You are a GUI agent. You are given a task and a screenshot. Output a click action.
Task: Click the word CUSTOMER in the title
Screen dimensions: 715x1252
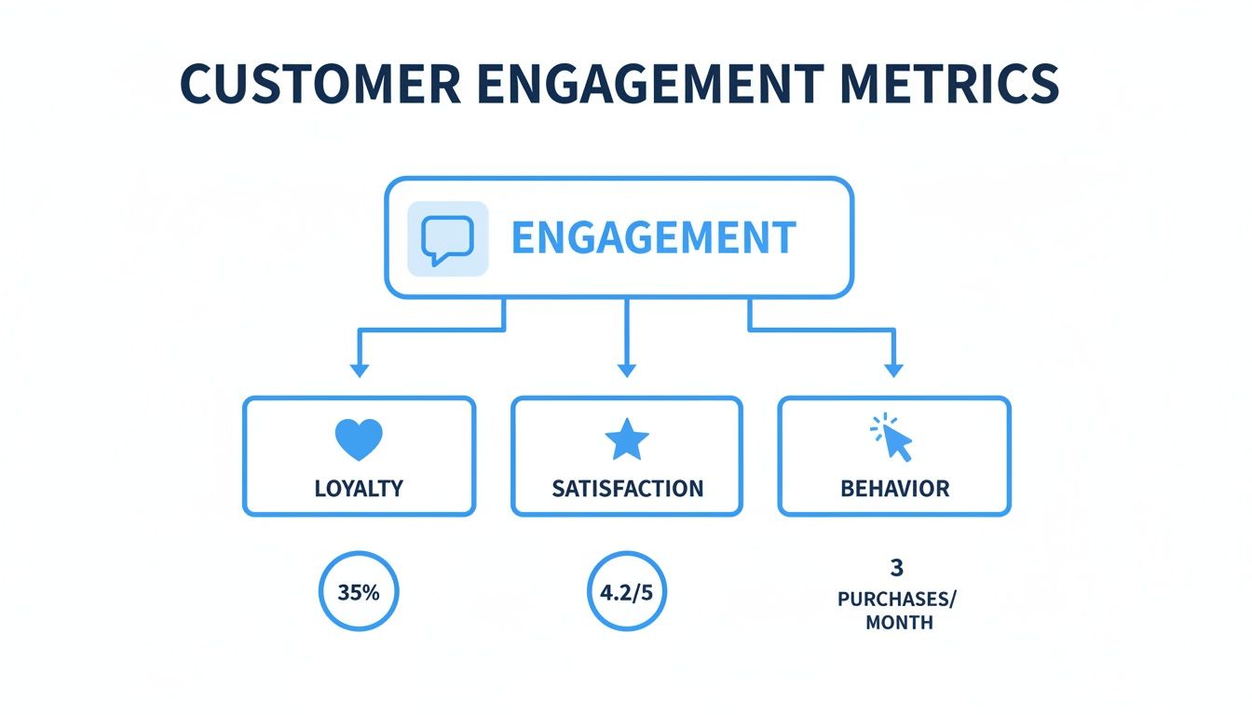click(319, 85)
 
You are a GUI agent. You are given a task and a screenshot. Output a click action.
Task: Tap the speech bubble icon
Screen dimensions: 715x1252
click(447, 238)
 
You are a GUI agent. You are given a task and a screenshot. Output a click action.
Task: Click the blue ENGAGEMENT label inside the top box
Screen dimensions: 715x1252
click(653, 238)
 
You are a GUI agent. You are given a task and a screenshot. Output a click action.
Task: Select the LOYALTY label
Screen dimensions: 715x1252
click(359, 489)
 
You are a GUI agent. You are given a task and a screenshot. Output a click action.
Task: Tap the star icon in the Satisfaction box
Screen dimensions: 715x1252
click(626, 439)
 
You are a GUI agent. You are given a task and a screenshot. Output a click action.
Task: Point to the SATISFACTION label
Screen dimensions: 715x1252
click(627, 489)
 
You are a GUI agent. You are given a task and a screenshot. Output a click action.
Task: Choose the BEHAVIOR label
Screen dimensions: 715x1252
click(894, 489)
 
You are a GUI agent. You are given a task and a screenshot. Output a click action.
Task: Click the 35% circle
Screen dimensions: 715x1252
click(359, 592)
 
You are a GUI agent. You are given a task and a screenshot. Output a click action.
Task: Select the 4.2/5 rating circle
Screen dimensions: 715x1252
click(627, 592)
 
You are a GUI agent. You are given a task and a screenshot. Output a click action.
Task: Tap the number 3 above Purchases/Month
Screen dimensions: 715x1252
click(897, 568)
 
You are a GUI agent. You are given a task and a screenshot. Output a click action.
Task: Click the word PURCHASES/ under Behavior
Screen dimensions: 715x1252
click(897, 600)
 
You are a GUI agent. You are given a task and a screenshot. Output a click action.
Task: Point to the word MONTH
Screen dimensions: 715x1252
click(899, 623)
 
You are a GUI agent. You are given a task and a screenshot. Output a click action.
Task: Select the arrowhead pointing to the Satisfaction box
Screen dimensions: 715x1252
click(627, 371)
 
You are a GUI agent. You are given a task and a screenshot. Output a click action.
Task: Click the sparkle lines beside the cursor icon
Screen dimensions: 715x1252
click(878, 425)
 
